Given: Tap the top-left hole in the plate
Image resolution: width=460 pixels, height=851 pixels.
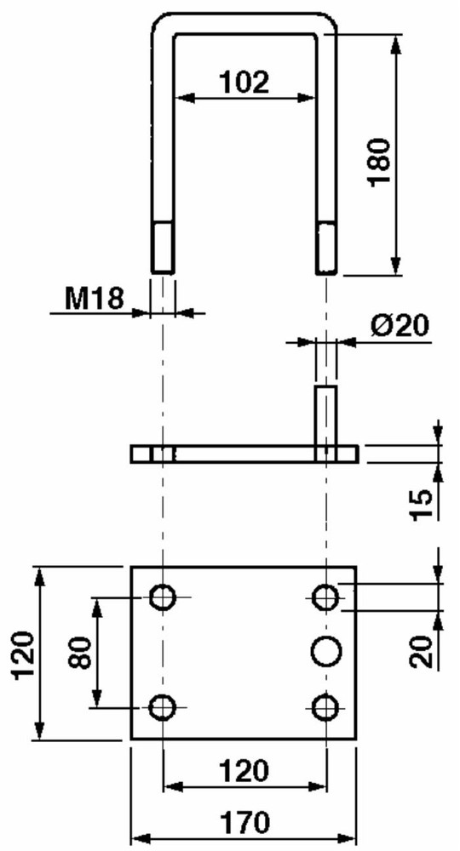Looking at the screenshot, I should click(162, 597).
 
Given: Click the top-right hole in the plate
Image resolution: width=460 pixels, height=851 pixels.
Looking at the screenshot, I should click(325, 597).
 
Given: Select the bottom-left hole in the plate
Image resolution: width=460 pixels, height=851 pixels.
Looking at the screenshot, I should click(162, 706).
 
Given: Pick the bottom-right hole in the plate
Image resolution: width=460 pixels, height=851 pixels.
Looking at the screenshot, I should click(325, 706).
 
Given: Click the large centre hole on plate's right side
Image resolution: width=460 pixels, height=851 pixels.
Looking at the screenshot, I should click(325, 652).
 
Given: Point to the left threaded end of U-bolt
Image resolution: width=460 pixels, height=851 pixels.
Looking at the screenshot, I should click(163, 247).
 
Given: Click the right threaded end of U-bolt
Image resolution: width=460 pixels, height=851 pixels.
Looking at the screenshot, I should click(326, 247).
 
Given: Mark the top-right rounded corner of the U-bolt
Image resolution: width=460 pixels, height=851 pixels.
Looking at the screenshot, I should click(326, 25).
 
